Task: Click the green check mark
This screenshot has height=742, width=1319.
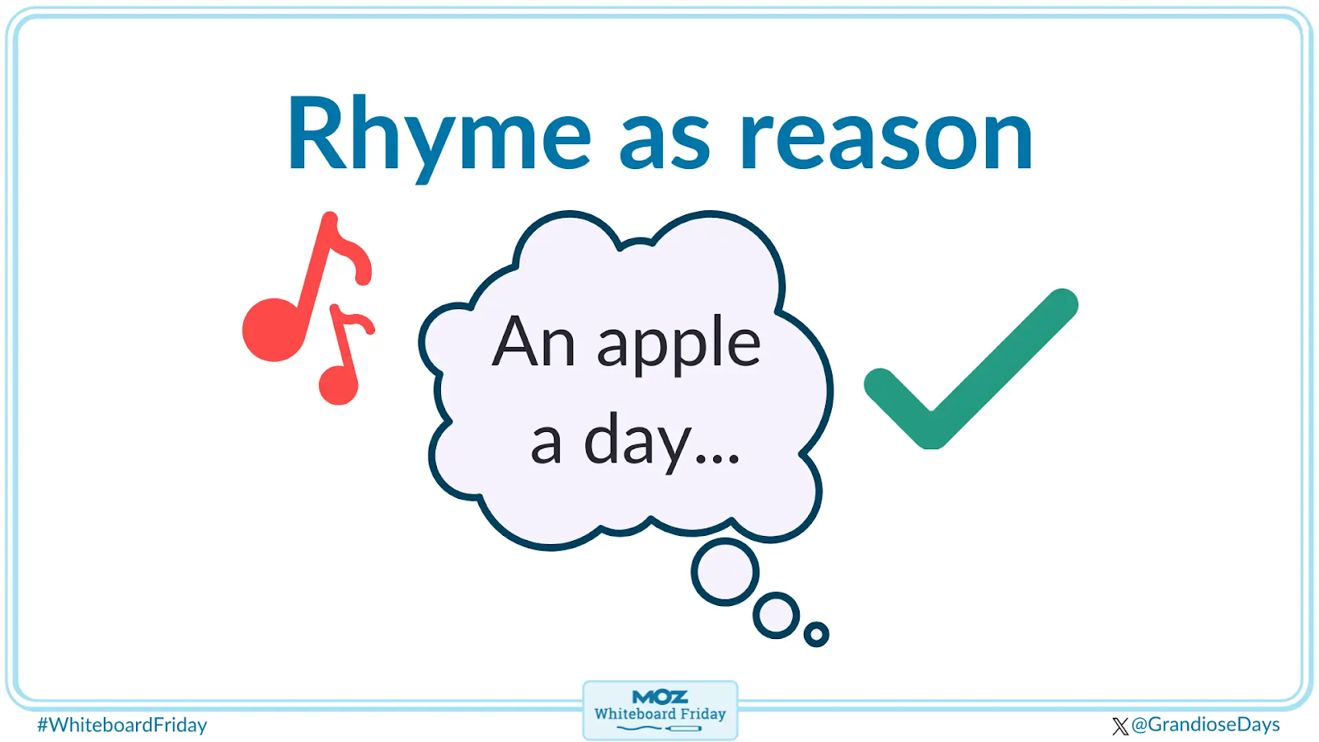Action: pos(970,369)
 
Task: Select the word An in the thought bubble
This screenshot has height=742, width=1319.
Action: pos(533,341)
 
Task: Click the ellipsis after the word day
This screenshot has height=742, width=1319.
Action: pos(717,459)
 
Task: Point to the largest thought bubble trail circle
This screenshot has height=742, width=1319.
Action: pos(725,572)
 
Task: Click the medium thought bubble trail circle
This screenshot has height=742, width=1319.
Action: pos(776,615)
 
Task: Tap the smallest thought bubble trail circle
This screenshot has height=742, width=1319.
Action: pos(816,634)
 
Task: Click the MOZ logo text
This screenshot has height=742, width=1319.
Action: pos(659,697)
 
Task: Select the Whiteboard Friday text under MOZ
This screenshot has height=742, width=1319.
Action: pos(659,714)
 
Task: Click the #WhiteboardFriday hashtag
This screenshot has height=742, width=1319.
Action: pos(122,725)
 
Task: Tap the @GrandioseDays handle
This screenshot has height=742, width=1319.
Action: pos(1205,725)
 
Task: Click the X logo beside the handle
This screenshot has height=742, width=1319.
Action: pos(1120,726)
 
